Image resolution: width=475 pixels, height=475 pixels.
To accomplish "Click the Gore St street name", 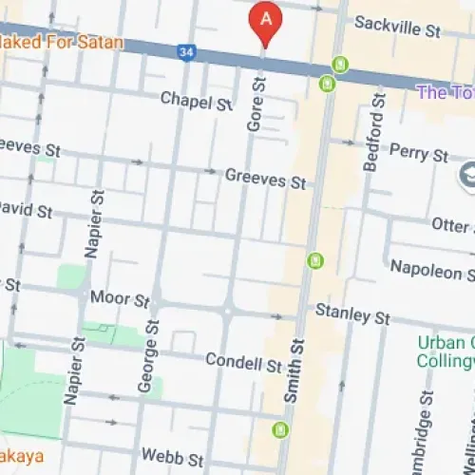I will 255,105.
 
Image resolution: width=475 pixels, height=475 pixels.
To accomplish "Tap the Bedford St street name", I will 373,132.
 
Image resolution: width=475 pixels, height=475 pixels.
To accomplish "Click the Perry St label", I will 419,152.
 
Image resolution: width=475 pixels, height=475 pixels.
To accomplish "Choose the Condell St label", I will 244,363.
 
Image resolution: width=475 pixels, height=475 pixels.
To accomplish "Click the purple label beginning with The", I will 446,92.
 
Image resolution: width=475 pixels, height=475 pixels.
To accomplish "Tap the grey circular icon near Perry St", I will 467,175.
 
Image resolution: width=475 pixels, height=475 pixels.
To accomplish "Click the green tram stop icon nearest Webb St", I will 279,430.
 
